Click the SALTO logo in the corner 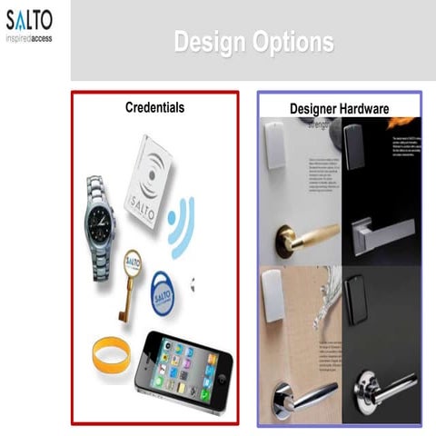click(x=29, y=19)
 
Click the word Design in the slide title click(x=207, y=42)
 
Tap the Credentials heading click(x=154, y=107)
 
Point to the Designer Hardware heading click(x=339, y=109)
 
